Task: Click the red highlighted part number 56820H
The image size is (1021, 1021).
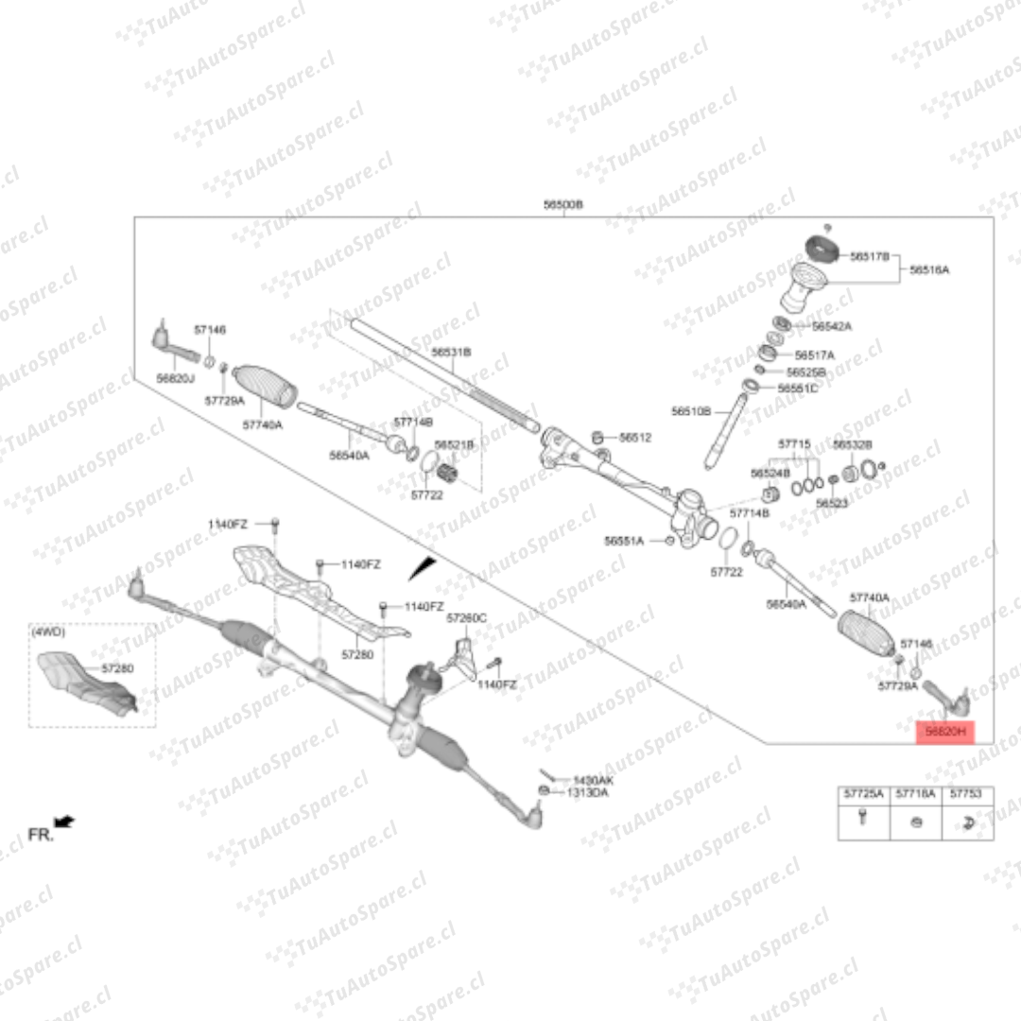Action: pyautogui.click(x=944, y=732)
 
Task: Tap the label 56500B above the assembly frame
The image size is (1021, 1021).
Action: pyautogui.click(x=563, y=204)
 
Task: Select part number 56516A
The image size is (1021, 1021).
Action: pyautogui.click(x=929, y=269)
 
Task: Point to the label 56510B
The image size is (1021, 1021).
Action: pyautogui.click(x=691, y=411)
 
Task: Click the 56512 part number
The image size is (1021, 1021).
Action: pyautogui.click(x=635, y=438)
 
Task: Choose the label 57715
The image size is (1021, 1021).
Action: pyautogui.click(x=794, y=443)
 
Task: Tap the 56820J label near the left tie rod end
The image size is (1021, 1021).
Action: pyautogui.click(x=175, y=378)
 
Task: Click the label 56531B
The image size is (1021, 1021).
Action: pyautogui.click(x=451, y=352)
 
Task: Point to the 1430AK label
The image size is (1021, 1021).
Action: pyautogui.click(x=593, y=780)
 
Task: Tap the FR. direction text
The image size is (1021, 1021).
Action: pyautogui.click(x=40, y=835)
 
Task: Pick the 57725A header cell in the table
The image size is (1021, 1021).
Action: pyautogui.click(x=864, y=794)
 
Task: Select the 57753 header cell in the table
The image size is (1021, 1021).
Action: pyautogui.click(x=967, y=794)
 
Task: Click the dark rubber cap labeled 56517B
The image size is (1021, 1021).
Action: pyautogui.click(x=822, y=249)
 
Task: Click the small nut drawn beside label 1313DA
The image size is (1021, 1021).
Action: pyautogui.click(x=544, y=790)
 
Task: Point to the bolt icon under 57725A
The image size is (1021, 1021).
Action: pyautogui.click(x=863, y=819)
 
